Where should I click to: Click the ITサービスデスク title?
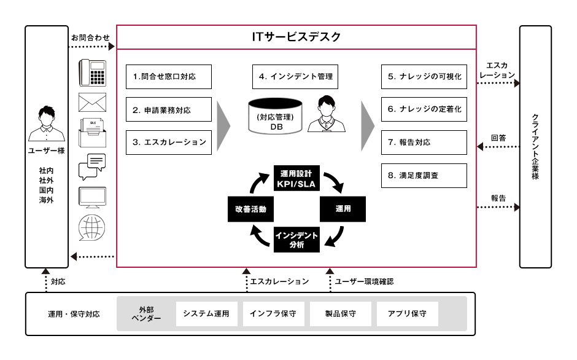(296, 37)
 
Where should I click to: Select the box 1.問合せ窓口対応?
(169, 77)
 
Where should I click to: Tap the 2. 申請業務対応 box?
(169, 110)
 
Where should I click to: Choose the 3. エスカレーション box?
(169, 143)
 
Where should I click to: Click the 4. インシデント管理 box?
(295, 77)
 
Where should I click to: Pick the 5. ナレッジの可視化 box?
(424, 77)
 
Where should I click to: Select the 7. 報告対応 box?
(424, 143)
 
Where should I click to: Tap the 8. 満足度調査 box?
(424, 175)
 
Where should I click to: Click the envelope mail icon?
(93, 102)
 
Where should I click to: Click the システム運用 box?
(206, 314)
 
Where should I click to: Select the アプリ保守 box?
(407, 314)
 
